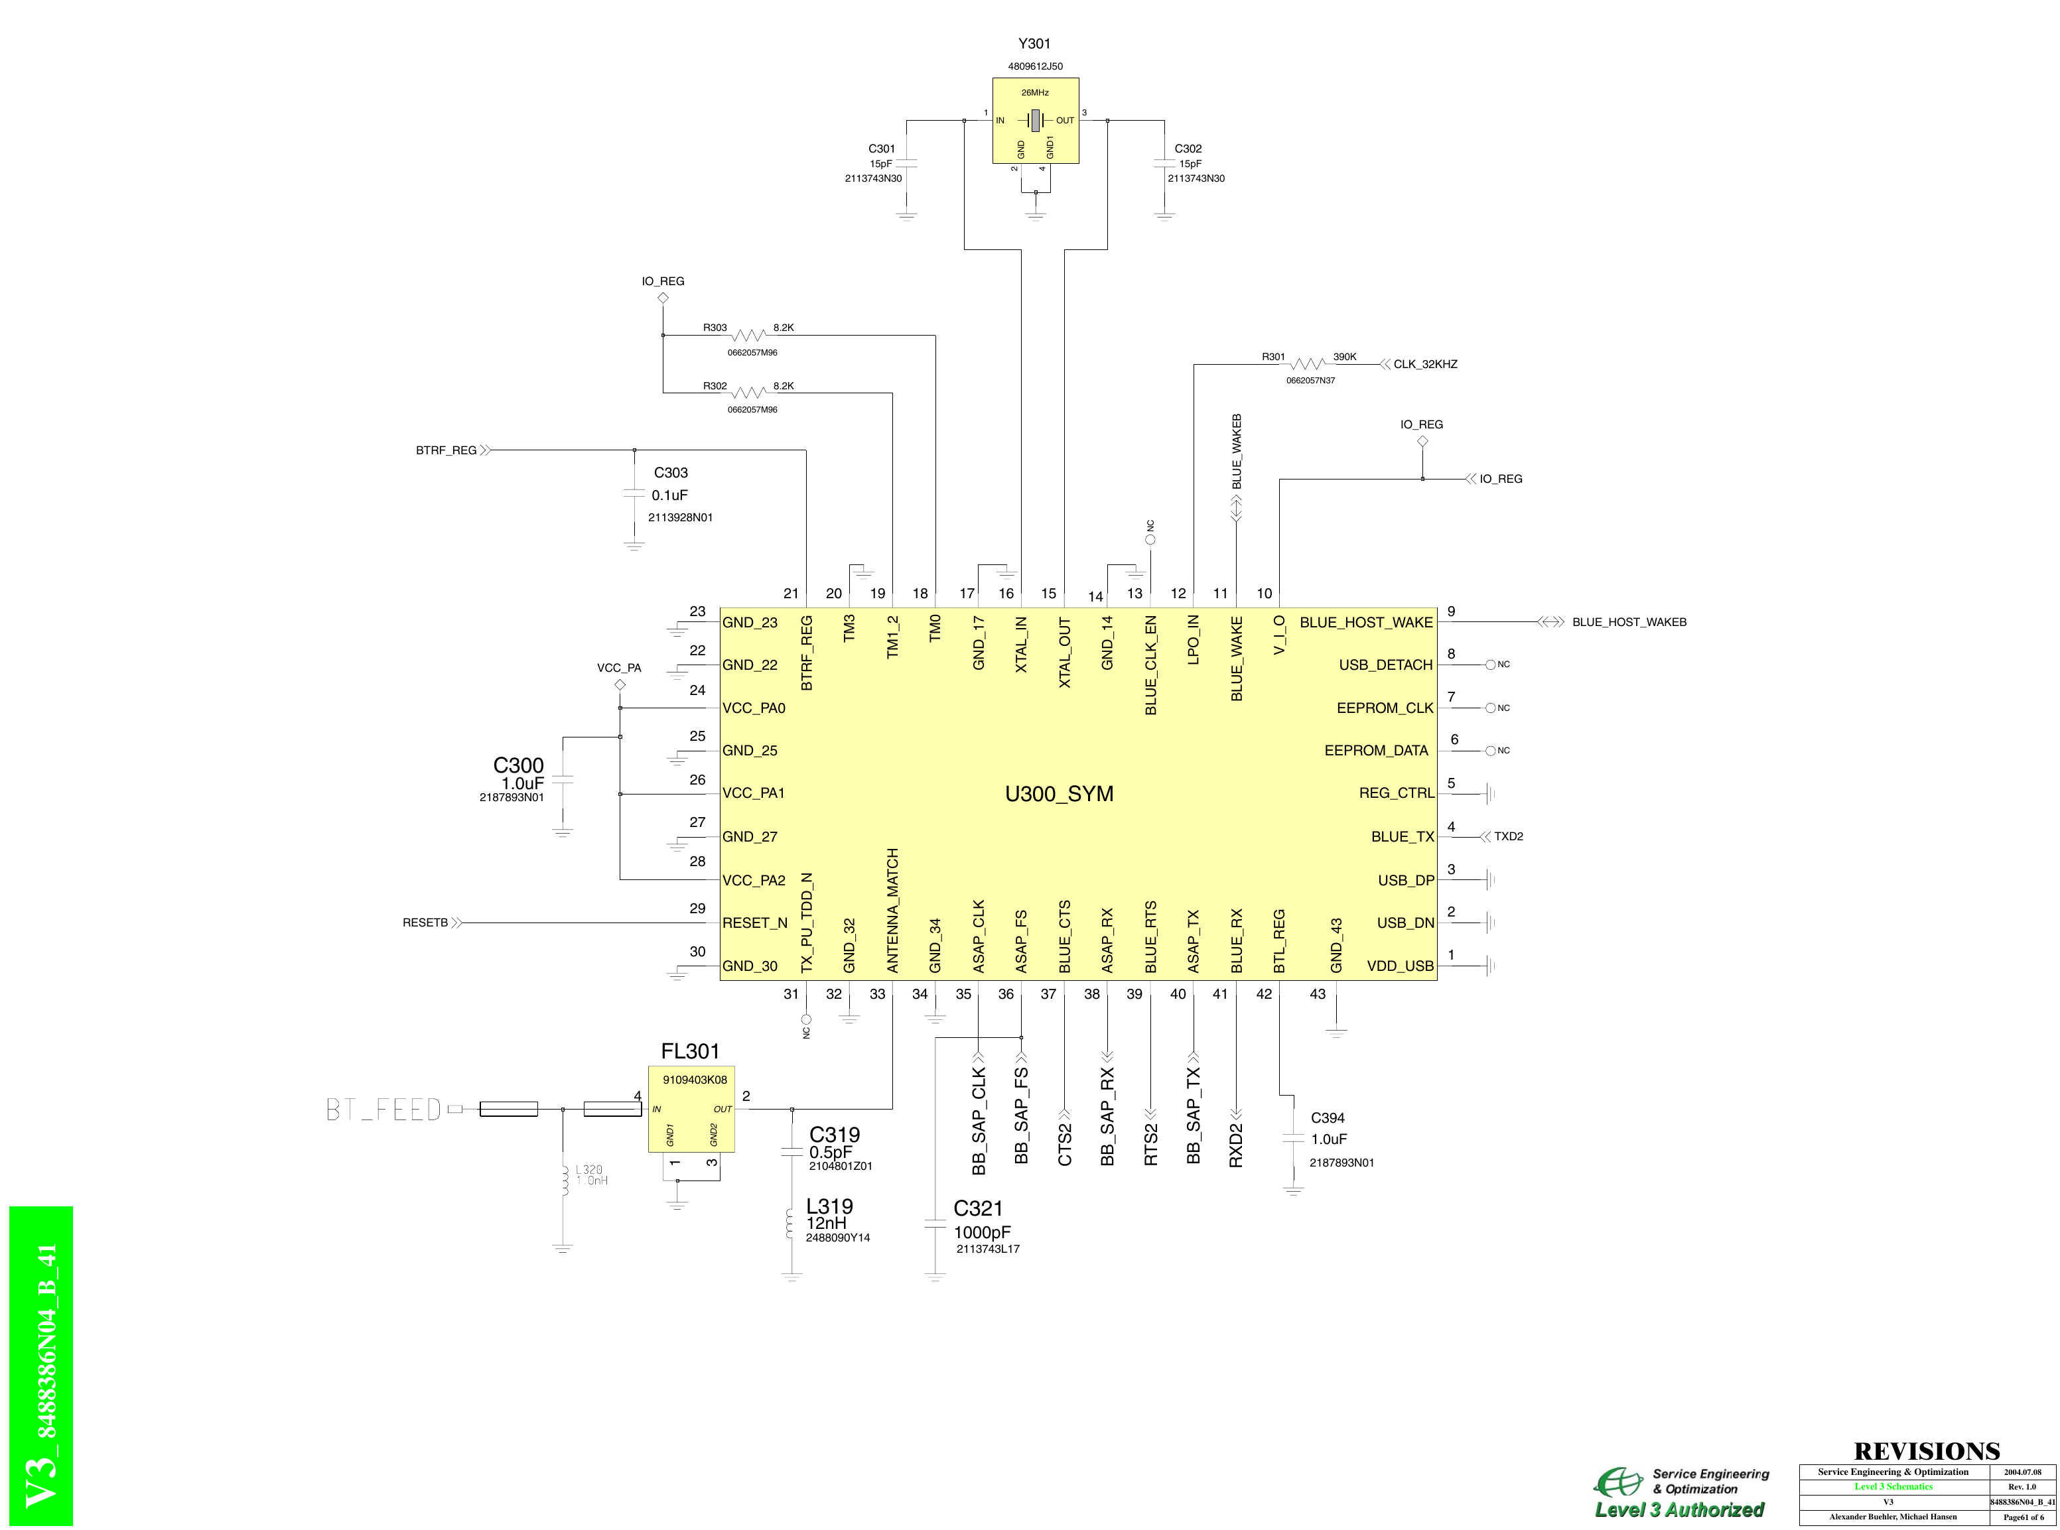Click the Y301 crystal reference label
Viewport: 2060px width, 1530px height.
point(1034,44)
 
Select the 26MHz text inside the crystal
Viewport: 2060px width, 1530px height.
point(1034,93)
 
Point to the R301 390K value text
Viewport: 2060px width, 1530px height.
point(1344,357)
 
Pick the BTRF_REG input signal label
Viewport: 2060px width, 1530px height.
point(446,450)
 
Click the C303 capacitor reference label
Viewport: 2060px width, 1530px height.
point(671,472)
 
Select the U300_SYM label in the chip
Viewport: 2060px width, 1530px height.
point(1059,794)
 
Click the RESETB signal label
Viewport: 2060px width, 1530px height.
point(425,923)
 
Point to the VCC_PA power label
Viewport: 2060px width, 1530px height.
point(619,668)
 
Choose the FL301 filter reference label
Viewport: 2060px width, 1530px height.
point(690,1051)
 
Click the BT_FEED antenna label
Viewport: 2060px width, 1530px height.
point(383,1110)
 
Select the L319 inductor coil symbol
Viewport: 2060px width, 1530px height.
point(790,1222)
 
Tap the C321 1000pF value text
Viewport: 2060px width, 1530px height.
point(982,1233)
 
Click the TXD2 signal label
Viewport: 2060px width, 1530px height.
point(1508,836)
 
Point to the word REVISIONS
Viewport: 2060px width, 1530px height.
point(1927,1450)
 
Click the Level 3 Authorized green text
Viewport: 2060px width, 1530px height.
point(1679,1509)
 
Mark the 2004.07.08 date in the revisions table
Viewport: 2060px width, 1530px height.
point(2022,1472)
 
